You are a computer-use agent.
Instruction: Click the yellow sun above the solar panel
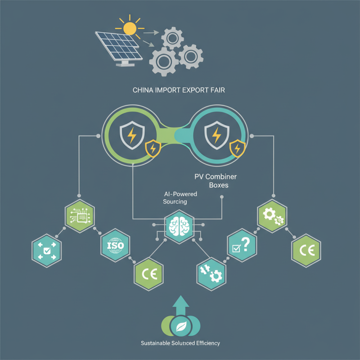(130, 28)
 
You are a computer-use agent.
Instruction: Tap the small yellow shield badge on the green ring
(153, 148)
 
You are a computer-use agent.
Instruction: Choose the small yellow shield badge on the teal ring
(237, 147)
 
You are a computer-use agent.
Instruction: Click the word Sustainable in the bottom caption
(153, 343)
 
